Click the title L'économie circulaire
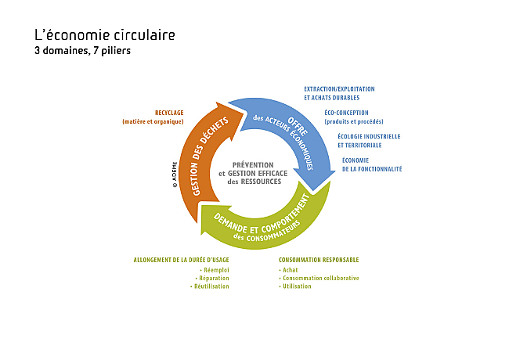(104, 35)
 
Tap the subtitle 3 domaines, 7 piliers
(82, 51)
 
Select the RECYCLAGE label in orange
(169, 113)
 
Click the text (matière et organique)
(153, 121)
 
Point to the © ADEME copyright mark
(175, 175)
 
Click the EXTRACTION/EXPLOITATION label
(339, 89)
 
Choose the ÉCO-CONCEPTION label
(346, 113)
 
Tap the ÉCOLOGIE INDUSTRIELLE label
(369, 136)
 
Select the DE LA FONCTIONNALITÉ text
(372, 169)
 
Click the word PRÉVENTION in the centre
(253, 165)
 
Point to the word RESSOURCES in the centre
(261, 182)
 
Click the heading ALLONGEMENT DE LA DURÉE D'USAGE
(181, 260)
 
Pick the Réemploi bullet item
(215, 270)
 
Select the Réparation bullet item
(212, 279)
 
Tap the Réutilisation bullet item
(209, 286)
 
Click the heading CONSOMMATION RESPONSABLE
(319, 260)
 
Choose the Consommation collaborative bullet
(319, 279)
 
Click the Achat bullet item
(288, 270)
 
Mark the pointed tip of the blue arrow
(313, 190)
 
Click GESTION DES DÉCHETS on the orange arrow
(210, 156)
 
